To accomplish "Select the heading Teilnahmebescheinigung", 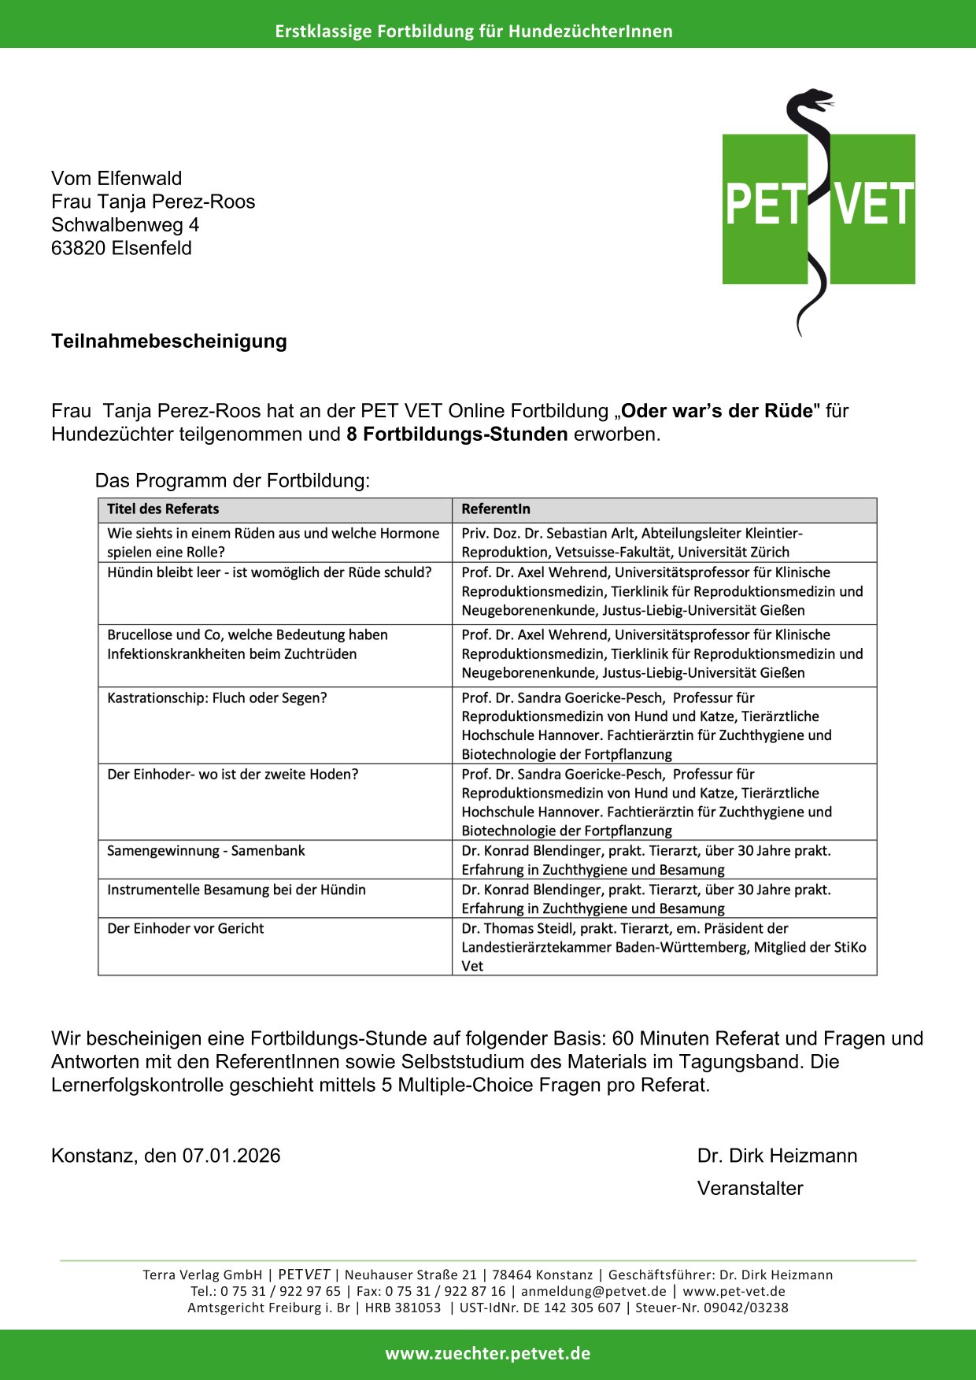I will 169,341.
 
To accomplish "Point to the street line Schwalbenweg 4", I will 125,224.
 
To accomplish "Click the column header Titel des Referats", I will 163,509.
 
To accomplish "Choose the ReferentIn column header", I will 496,509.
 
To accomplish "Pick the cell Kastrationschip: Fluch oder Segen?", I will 217,697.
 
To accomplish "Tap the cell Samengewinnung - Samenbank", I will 206,850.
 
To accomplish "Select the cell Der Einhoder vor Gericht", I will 186,928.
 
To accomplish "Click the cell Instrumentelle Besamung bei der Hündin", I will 237,890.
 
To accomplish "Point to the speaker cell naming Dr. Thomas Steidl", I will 664,947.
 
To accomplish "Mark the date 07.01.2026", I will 231,1156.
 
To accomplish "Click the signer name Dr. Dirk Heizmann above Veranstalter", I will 777,1156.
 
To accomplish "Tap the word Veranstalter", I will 750,1188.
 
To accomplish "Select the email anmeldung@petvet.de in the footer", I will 593,1291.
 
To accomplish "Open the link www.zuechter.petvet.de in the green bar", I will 488,1354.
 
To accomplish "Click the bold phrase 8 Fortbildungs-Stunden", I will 457,434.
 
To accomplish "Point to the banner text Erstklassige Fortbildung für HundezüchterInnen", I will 474,31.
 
